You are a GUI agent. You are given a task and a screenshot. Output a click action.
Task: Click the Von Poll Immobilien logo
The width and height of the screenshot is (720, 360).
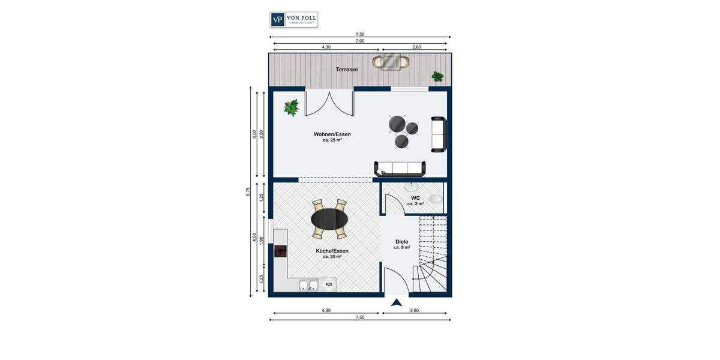pyautogui.click(x=293, y=20)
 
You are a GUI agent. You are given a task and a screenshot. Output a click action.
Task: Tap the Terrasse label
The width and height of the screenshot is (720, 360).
pyautogui.click(x=347, y=70)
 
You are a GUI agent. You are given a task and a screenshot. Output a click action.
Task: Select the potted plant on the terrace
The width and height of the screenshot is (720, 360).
pyautogui.click(x=437, y=76)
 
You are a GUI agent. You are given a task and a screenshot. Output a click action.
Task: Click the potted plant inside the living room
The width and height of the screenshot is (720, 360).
pyautogui.click(x=292, y=107)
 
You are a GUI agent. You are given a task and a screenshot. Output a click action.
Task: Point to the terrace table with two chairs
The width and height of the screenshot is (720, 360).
pyautogui.click(x=391, y=61)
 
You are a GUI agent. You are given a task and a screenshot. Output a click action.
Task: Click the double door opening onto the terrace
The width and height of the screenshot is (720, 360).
pyautogui.click(x=329, y=103)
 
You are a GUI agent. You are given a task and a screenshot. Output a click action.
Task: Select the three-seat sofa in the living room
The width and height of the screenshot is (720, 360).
pyautogui.click(x=400, y=168)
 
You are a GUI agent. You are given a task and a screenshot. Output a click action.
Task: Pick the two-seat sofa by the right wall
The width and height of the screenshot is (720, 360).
pyautogui.click(x=439, y=134)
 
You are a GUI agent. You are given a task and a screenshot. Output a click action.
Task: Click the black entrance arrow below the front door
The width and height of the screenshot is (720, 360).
pyautogui.click(x=396, y=302)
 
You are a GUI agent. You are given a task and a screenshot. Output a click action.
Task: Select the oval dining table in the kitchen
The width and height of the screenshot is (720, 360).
pyautogui.click(x=329, y=219)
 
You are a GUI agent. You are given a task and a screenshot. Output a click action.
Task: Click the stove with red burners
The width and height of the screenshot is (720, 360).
pyautogui.click(x=280, y=251)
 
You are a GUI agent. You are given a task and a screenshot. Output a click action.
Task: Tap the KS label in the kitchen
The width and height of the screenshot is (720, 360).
pyautogui.click(x=329, y=284)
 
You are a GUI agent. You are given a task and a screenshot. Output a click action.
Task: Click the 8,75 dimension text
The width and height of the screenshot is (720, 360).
pyautogui.click(x=248, y=192)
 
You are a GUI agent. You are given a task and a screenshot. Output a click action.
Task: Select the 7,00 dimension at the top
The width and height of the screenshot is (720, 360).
pyautogui.click(x=360, y=41)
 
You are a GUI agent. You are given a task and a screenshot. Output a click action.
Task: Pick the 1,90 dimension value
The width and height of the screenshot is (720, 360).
pyautogui.click(x=262, y=240)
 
